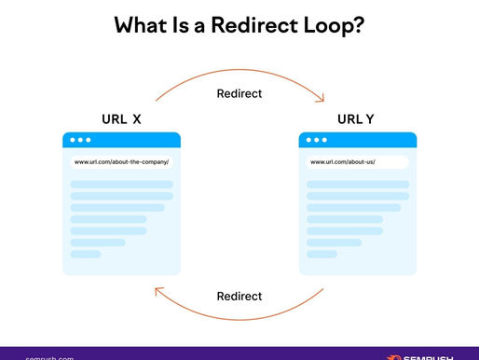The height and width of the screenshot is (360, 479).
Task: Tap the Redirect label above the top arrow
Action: click(239, 93)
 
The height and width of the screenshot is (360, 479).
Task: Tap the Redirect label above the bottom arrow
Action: click(239, 297)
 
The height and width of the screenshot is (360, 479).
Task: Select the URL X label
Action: click(121, 119)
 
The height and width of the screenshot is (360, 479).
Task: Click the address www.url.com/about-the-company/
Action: click(122, 161)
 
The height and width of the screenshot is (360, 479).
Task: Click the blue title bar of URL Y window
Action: click(373, 140)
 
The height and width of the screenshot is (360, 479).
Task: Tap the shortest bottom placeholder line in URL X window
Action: click(86, 254)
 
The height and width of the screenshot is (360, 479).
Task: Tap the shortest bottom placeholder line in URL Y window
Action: click(322, 254)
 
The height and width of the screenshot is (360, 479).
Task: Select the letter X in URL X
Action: click(137, 119)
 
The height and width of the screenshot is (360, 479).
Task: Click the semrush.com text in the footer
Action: click(48, 356)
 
